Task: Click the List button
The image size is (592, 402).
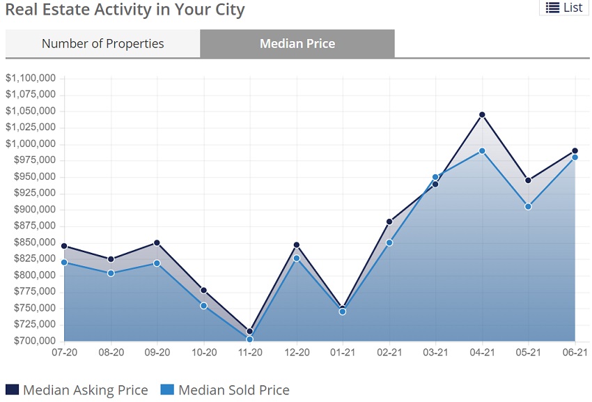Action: click(563, 8)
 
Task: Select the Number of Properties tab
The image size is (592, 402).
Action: click(102, 43)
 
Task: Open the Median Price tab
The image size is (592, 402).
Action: click(297, 43)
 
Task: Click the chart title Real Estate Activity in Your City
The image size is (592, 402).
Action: click(125, 10)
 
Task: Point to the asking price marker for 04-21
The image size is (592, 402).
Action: click(482, 115)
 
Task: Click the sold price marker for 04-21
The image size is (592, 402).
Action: click(482, 151)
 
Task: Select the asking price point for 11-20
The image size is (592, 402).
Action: click(250, 332)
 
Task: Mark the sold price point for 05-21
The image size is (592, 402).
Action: click(529, 206)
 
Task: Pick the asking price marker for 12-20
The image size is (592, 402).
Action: click(297, 245)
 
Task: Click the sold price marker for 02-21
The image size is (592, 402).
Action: click(389, 242)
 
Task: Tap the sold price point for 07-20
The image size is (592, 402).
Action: click(64, 262)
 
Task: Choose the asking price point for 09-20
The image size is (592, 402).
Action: click(157, 243)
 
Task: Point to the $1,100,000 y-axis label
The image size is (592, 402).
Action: click(31, 78)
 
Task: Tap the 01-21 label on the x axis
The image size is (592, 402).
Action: click(343, 353)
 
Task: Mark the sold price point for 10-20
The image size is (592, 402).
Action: click(204, 306)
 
